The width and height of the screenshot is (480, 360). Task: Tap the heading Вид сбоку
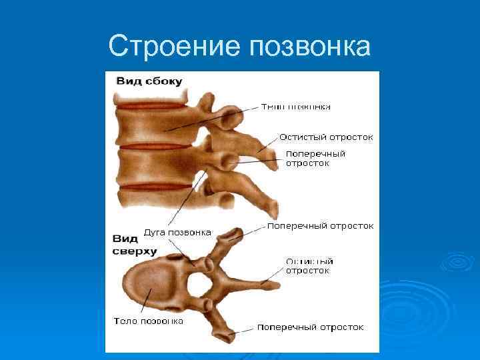149,81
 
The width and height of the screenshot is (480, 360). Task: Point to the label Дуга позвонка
177,233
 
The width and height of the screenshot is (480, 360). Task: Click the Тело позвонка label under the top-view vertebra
148,321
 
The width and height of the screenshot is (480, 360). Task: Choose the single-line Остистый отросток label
326,137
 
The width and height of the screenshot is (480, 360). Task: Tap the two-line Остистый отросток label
309,266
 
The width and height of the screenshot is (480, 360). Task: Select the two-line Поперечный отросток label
315,158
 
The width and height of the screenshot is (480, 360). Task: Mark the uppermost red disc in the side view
151,106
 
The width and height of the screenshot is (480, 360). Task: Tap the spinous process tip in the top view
272,284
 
